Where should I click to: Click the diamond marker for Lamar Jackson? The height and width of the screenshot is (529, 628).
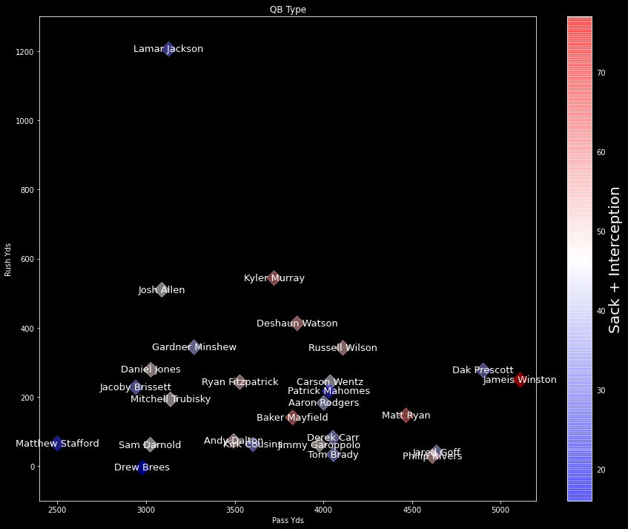click(x=168, y=49)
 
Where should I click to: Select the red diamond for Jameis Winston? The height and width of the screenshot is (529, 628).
click(x=520, y=380)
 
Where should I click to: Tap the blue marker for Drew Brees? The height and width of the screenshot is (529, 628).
click(x=143, y=467)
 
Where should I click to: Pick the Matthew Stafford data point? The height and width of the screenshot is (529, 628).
click(x=57, y=444)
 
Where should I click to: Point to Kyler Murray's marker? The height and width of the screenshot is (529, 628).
click(x=274, y=278)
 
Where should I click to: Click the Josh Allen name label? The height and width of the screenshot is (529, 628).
click(x=162, y=290)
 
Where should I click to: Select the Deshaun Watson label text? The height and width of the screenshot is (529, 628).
click(x=297, y=323)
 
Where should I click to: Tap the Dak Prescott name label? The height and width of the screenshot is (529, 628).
click(x=483, y=370)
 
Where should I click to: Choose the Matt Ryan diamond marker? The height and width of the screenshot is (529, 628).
click(x=406, y=415)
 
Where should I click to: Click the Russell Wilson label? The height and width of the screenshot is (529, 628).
click(x=343, y=348)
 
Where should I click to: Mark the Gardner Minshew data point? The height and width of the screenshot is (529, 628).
click(x=194, y=347)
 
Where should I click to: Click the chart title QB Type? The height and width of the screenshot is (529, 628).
click(x=288, y=10)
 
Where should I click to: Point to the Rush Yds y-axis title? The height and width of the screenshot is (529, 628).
click(x=8, y=259)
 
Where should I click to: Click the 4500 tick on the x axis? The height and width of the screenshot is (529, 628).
click(x=412, y=510)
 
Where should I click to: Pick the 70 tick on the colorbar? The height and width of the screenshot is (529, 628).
click(x=601, y=73)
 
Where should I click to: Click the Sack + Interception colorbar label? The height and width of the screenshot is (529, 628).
click(x=614, y=260)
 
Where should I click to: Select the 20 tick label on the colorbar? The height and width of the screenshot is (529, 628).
click(x=601, y=470)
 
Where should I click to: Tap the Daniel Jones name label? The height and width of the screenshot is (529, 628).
click(x=151, y=369)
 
